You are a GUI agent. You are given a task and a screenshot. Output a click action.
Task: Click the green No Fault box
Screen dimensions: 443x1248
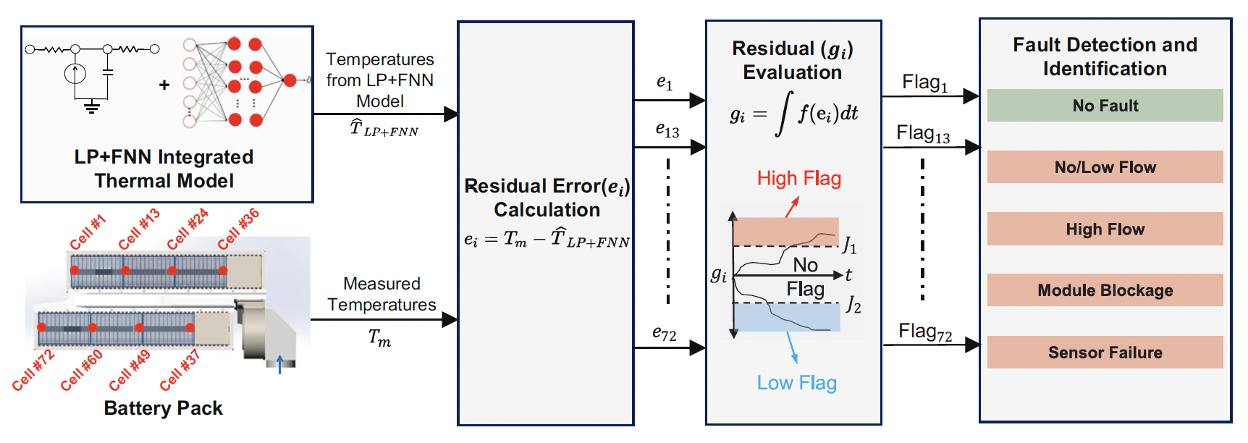click(x=1105, y=106)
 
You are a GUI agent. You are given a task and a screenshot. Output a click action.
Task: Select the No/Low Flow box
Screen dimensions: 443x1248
click(x=1105, y=167)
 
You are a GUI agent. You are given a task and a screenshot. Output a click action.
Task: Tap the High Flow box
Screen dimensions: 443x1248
click(x=1105, y=229)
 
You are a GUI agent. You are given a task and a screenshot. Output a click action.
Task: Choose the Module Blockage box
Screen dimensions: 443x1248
click(x=1105, y=290)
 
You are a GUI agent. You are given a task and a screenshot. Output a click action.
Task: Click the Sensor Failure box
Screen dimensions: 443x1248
click(x=1105, y=353)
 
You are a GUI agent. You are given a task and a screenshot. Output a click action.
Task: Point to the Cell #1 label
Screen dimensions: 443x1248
click(x=88, y=232)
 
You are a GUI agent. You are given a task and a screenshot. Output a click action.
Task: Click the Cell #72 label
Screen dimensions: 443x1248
click(x=33, y=370)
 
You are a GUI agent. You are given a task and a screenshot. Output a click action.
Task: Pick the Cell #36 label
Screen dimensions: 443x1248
click(x=238, y=229)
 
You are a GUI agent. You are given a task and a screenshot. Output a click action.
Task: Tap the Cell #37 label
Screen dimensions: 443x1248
click(x=180, y=370)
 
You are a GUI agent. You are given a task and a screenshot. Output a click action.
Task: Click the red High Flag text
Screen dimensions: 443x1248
click(x=798, y=179)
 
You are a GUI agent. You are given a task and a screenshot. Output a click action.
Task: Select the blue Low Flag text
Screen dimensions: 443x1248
click(x=796, y=383)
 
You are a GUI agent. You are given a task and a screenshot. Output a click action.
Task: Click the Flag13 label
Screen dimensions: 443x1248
click(x=922, y=134)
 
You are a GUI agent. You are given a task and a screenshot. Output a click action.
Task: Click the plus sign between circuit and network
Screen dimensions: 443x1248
click(x=164, y=85)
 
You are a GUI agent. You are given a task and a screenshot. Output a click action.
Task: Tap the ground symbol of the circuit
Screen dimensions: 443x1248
click(x=91, y=107)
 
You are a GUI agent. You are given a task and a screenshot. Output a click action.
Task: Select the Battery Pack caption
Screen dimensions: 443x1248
click(x=163, y=408)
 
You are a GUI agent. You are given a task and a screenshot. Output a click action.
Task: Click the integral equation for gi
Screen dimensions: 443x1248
click(x=793, y=114)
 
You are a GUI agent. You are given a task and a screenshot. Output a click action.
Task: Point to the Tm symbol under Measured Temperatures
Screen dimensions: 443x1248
click(x=379, y=337)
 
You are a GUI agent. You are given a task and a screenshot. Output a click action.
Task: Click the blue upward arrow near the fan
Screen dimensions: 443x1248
click(x=280, y=364)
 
